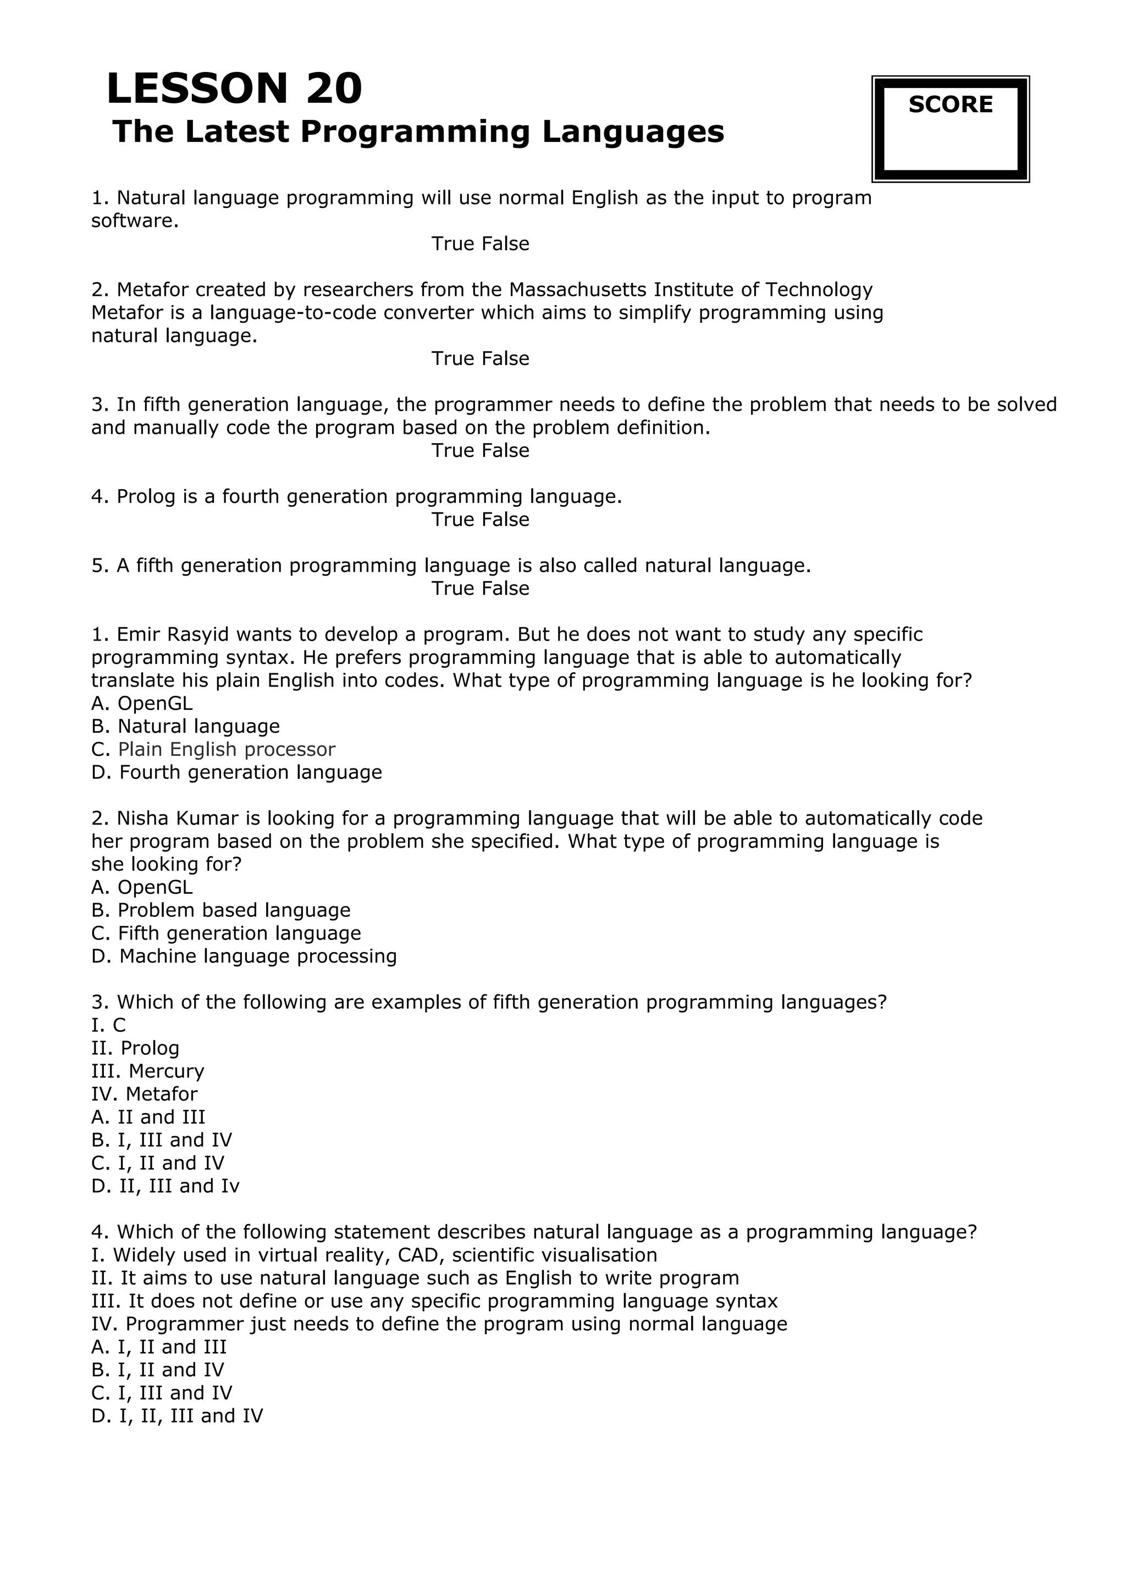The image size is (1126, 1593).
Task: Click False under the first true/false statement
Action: tap(507, 244)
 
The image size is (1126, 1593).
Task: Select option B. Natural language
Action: tap(185, 727)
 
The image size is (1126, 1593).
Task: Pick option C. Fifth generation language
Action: tap(226, 933)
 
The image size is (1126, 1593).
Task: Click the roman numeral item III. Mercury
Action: tap(148, 1071)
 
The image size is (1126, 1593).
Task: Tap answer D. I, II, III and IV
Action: tap(177, 1416)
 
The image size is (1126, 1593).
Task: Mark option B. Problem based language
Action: tap(220, 910)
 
